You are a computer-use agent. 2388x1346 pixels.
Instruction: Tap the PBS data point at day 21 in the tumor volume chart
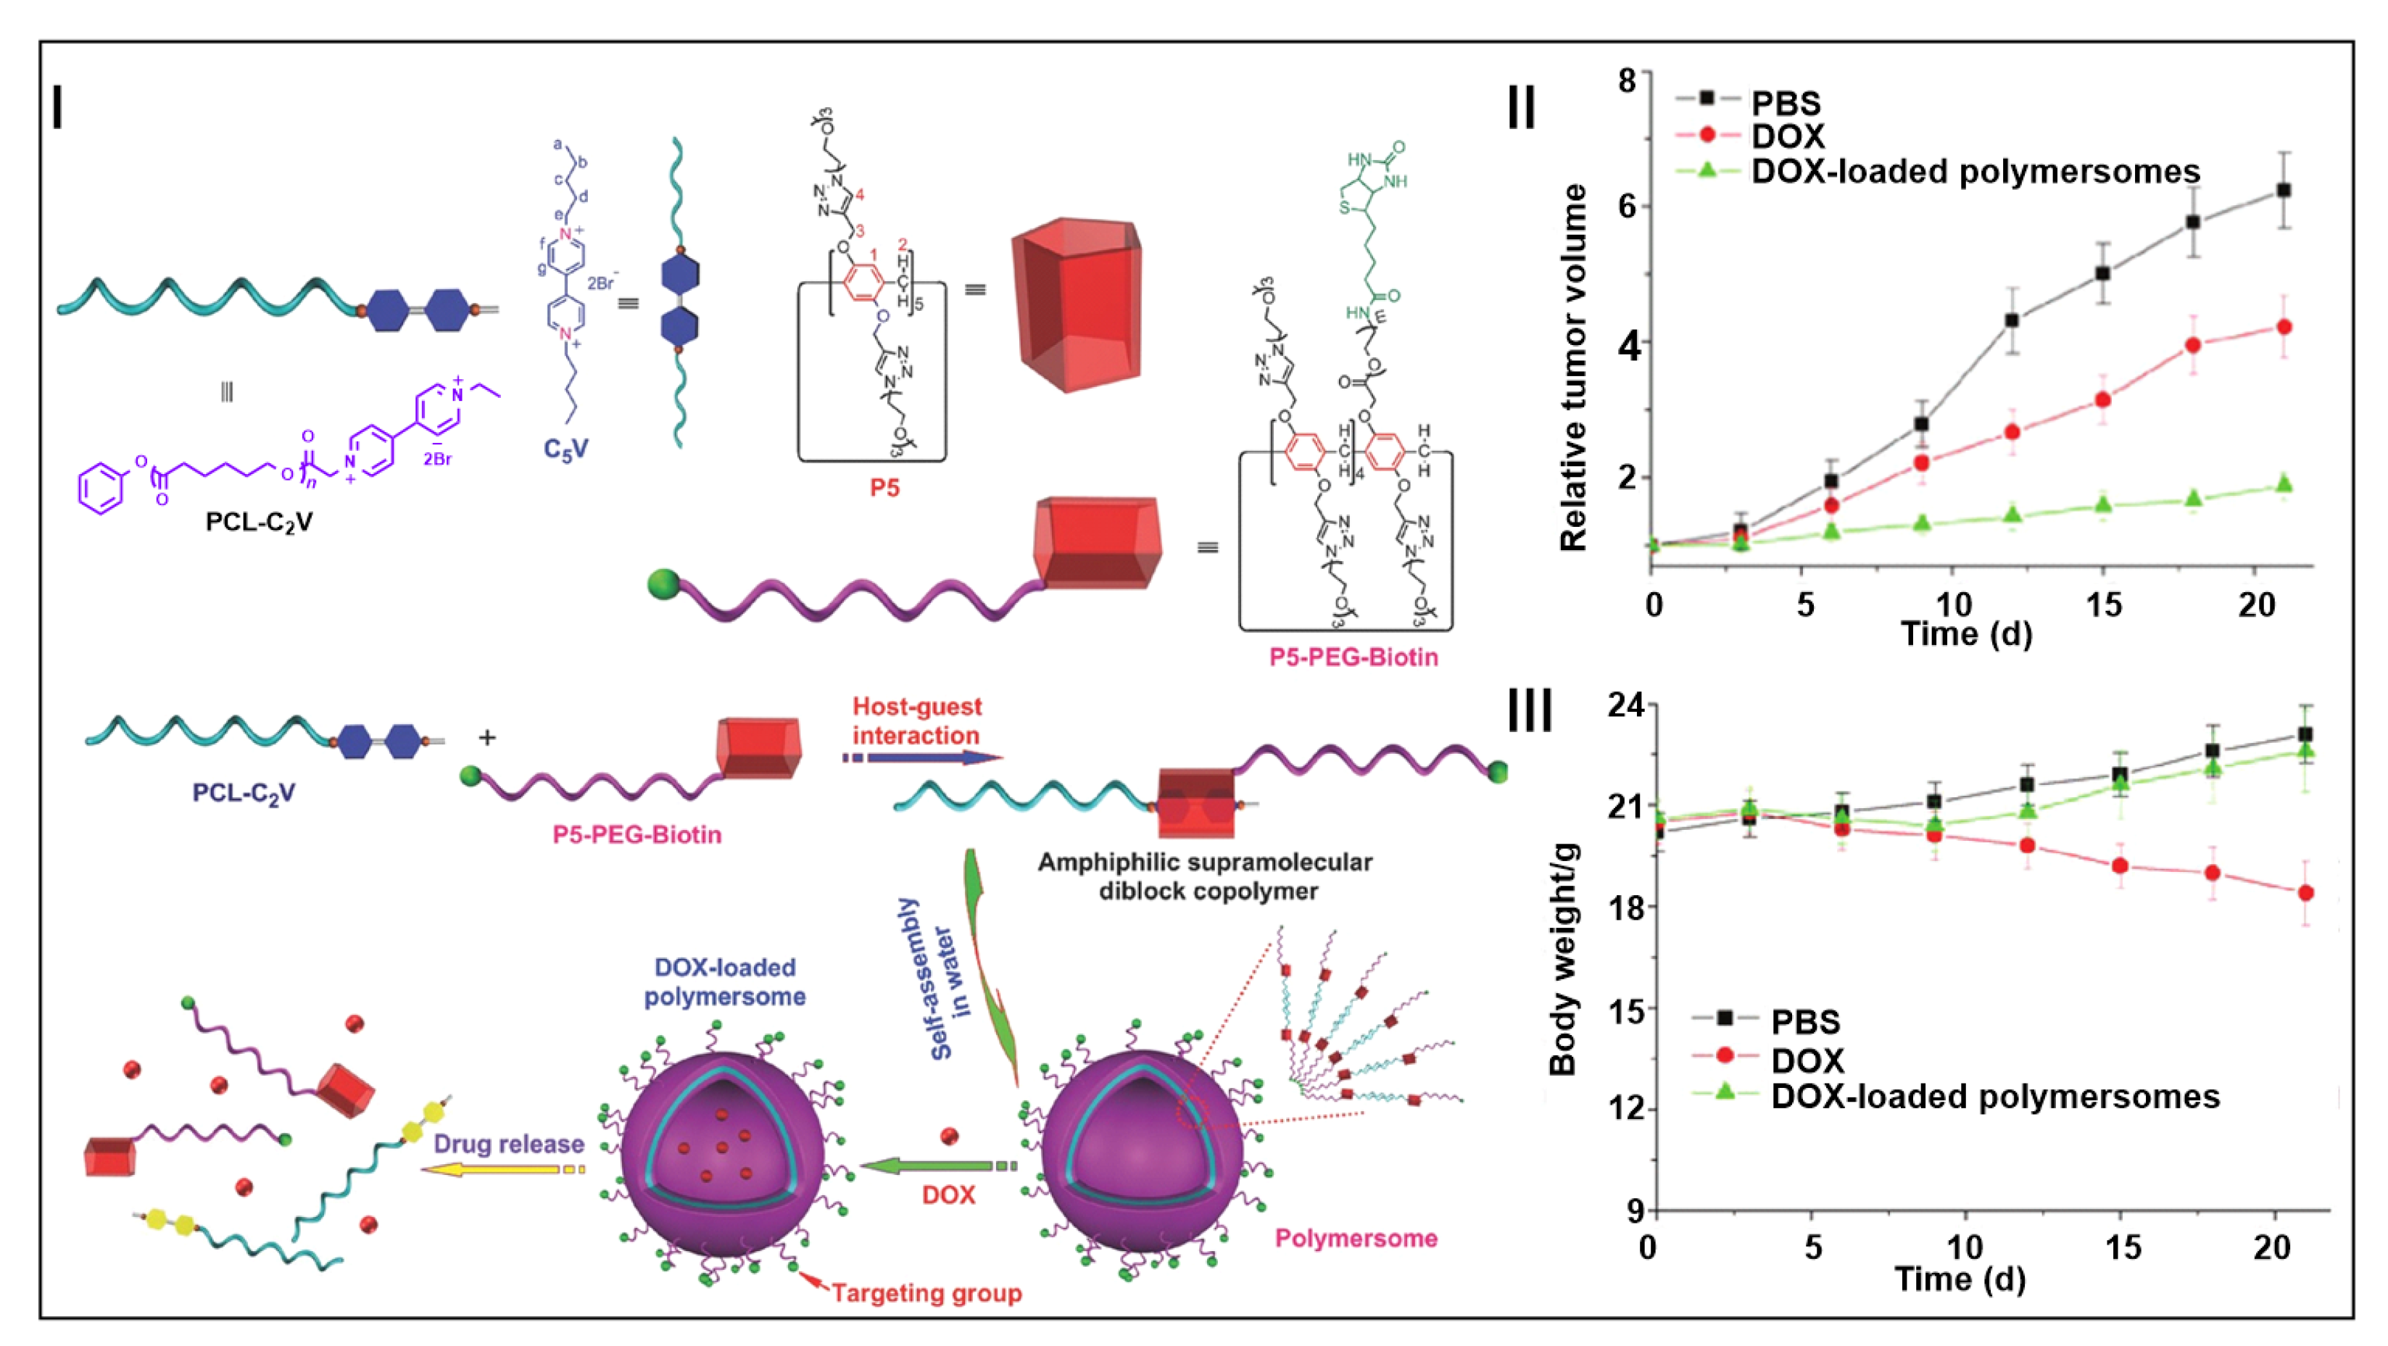click(2284, 190)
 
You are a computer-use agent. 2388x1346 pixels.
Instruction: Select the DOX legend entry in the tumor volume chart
click(1786, 136)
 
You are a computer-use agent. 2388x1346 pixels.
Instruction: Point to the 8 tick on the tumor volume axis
click(1627, 80)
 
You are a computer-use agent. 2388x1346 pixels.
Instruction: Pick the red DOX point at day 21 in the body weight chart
click(2305, 893)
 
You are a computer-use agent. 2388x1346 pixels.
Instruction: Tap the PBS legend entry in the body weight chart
click(1804, 1021)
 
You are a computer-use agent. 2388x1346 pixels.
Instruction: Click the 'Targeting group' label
click(926, 1292)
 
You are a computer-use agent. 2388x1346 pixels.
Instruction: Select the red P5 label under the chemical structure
click(884, 488)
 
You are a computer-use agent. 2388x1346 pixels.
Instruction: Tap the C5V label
click(565, 449)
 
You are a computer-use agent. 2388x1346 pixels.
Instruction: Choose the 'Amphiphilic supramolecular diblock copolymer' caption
click(1204, 876)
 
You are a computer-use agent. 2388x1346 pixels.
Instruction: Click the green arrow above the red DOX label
click(937, 1166)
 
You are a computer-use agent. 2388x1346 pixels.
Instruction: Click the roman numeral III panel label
click(1530, 712)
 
